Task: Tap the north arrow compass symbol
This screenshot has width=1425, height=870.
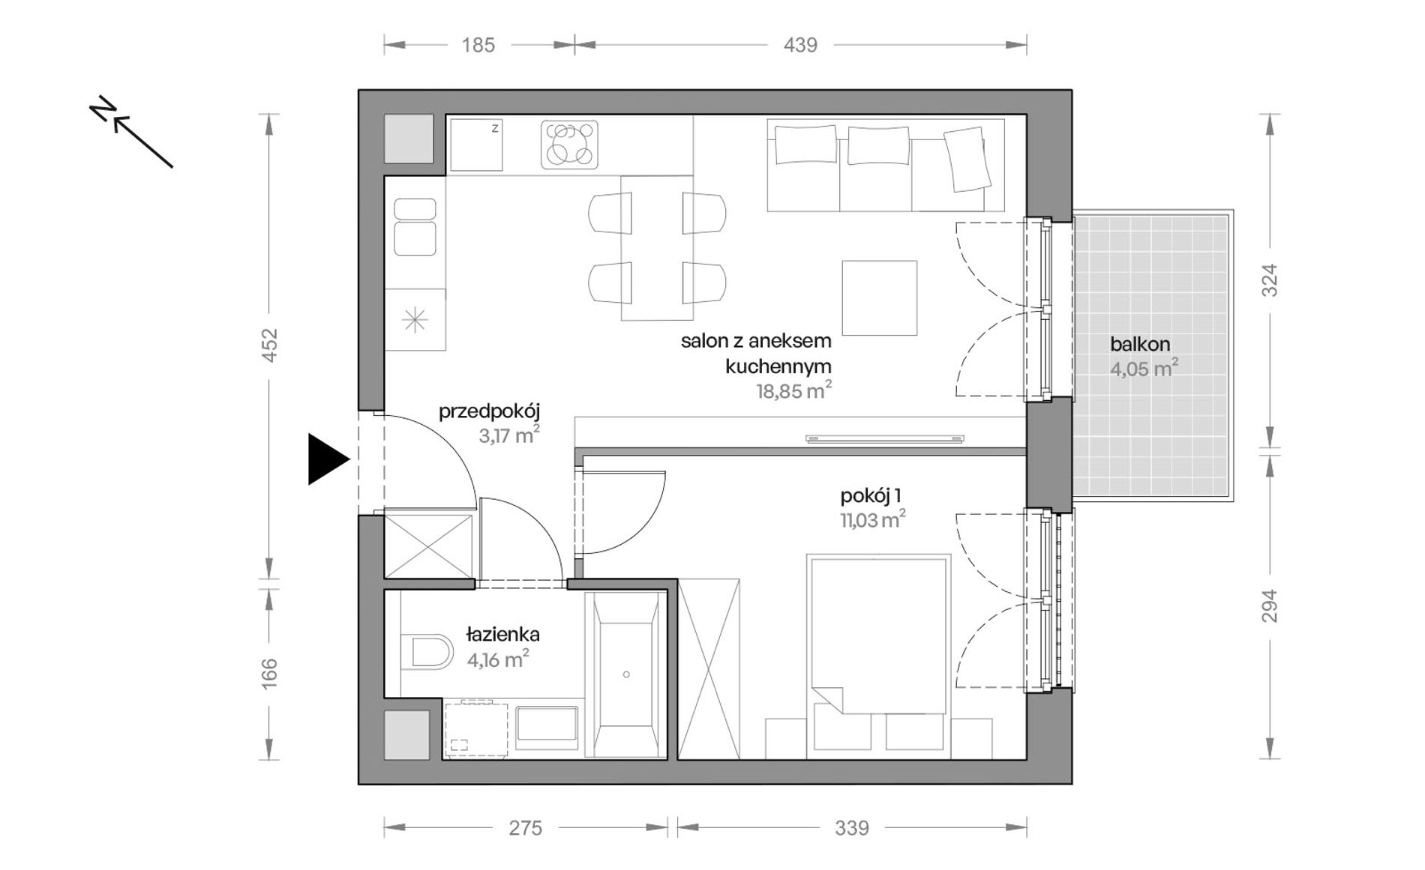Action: [131, 132]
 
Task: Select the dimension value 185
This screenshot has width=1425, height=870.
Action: [478, 45]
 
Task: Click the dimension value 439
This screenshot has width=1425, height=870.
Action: [800, 45]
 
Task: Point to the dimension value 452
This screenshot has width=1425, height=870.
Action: [269, 345]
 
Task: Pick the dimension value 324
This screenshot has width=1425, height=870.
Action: [1268, 280]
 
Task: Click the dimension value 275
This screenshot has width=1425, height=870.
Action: [525, 828]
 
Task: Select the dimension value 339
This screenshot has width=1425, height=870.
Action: [852, 828]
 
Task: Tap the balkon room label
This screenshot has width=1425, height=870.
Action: [1140, 345]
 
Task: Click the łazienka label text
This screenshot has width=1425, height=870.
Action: [502, 634]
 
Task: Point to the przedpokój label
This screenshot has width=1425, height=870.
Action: [489, 411]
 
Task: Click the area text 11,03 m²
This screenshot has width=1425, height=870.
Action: [872, 519]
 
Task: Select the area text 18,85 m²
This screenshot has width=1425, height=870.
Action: [793, 390]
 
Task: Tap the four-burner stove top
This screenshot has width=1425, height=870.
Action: [570, 144]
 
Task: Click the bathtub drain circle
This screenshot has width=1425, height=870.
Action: [626, 674]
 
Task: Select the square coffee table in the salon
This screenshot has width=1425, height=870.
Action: [879, 297]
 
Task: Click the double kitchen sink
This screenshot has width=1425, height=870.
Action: [415, 226]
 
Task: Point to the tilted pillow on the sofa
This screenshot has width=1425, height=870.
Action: [966, 159]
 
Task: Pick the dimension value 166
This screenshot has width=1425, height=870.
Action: [269, 674]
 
